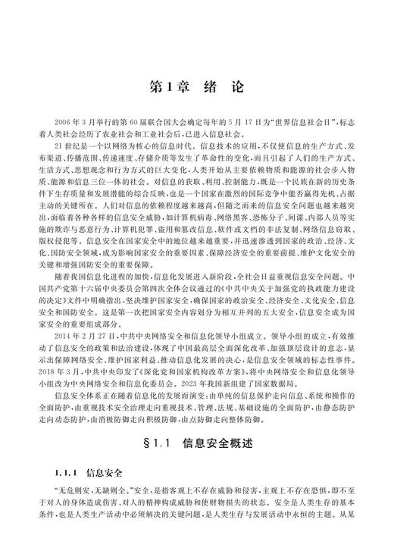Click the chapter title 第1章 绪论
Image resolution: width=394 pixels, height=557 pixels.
pyautogui.click(x=195, y=86)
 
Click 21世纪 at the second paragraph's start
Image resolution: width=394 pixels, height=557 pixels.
pyautogui.click(x=66, y=145)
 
